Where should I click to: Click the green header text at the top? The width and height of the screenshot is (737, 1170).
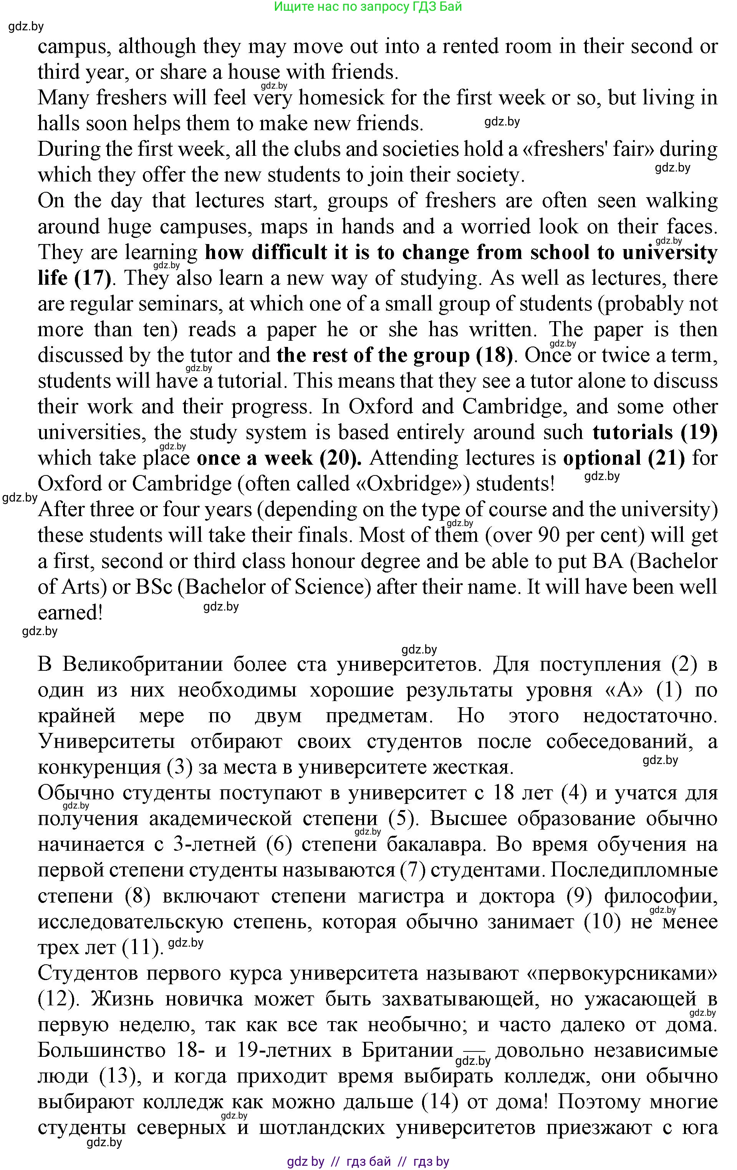[x=368, y=7]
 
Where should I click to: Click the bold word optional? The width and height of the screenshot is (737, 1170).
[x=602, y=458]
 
